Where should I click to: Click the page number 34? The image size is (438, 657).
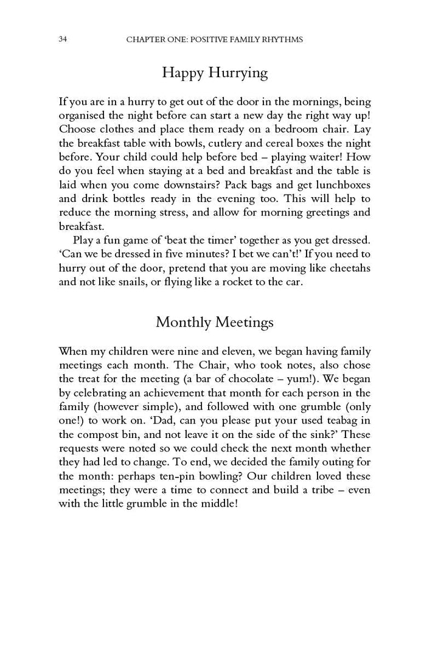63,40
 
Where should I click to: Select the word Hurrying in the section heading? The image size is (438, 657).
237,74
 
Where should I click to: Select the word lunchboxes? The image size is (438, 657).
340,184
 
